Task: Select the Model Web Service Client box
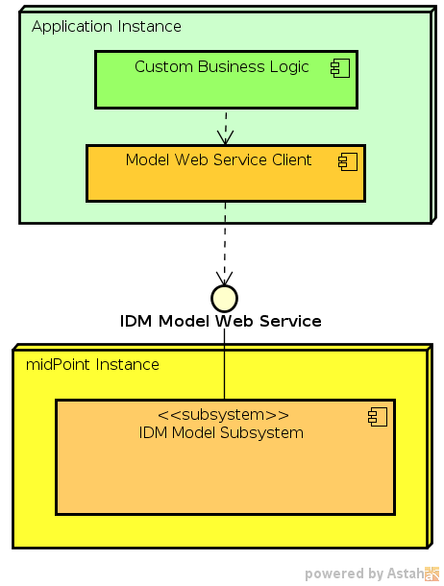click(225, 183)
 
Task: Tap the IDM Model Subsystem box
click(225, 476)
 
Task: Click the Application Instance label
click(106, 26)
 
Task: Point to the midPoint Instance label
click(92, 364)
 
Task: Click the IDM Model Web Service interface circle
click(224, 298)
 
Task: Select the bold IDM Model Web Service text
click(220, 321)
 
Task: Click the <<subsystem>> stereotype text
click(223, 415)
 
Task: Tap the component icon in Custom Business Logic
click(339, 67)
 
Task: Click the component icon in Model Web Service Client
click(347, 161)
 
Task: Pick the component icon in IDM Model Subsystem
click(377, 416)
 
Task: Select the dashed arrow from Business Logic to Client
click(226, 127)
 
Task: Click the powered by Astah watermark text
click(363, 574)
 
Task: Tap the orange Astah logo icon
click(432, 574)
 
